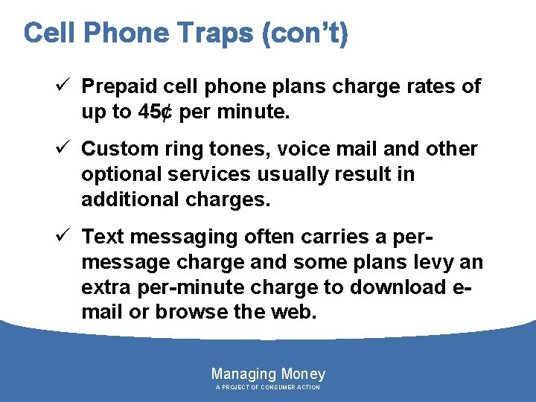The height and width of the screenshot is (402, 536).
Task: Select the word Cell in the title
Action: click(50, 33)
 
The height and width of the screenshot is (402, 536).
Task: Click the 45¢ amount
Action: click(155, 112)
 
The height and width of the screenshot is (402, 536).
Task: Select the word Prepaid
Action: click(116, 87)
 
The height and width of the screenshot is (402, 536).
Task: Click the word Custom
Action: click(116, 149)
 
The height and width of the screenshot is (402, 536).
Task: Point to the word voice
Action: click(299, 149)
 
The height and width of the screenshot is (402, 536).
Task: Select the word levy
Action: click(435, 262)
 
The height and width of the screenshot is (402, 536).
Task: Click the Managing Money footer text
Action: click(268, 374)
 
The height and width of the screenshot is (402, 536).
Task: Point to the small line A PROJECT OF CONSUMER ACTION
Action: click(268, 388)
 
